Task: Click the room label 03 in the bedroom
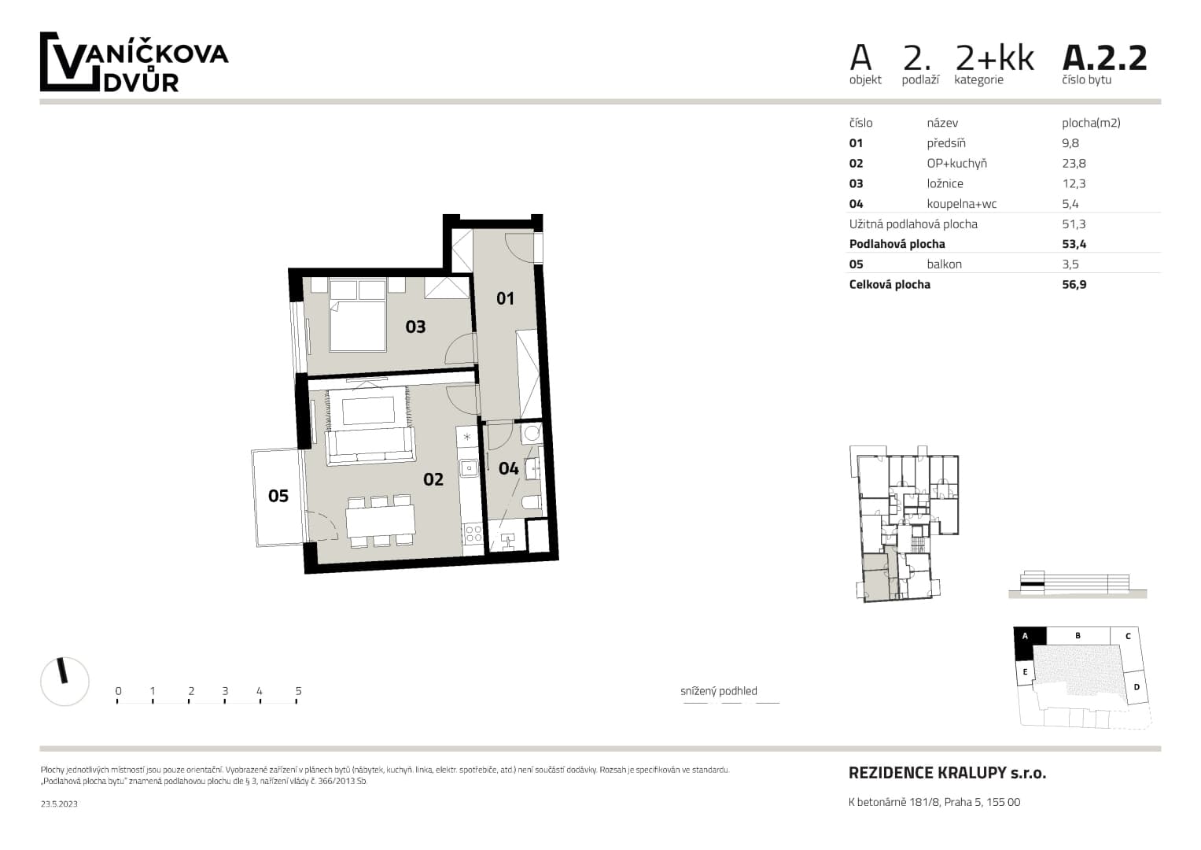[x=415, y=327]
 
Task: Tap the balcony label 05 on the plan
[x=278, y=496]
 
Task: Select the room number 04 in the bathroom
[x=508, y=468]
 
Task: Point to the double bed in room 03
[x=358, y=315]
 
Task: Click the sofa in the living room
[x=370, y=445]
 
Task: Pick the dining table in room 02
[x=380, y=520]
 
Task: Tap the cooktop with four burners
[x=473, y=534]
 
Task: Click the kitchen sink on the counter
[x=469, y=468]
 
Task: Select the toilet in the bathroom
[x=532, y=504]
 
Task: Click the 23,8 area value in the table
[x=1074, y=163]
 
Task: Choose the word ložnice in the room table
[x=945, y=183]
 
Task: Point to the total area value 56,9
[x=1074, y=284]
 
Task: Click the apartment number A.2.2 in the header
[x=1104, y=58]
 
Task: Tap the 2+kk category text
[x=995, y=58]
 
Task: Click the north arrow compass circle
[x=64, y=682]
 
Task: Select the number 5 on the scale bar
[x=299, y=691]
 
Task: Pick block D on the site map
[x=1137, y=687]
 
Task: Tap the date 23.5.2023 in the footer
[x=59, y=804]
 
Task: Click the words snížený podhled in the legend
[x=718, y=691]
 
